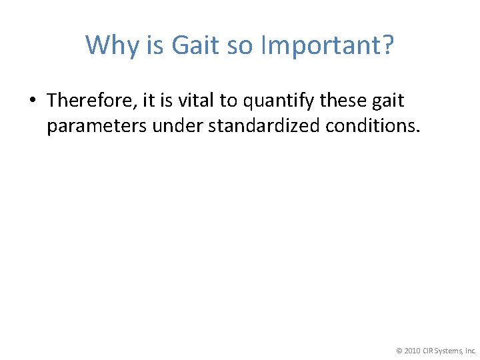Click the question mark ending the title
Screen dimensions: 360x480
tap(387, 46)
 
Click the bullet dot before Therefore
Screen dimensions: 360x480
tap(33, 101)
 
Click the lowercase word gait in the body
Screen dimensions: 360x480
tap(388, 101)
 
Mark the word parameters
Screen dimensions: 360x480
tap(97, 126)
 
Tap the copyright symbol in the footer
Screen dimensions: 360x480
tap(399, 350)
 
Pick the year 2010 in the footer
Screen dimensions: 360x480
tap(412, 350)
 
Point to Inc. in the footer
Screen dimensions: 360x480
tap(470, 350)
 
